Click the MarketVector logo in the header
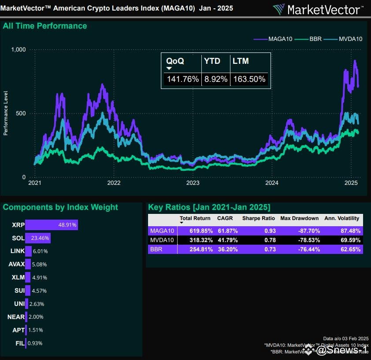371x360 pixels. tap(319, 9)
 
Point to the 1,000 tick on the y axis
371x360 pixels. tap(19, 50)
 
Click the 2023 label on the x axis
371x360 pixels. tap(193, 183)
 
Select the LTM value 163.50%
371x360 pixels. tap(249, 79)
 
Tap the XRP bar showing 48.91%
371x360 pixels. tap(52, 225)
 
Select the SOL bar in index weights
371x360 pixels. tap(38, 238)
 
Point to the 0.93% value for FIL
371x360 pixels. tap(35, 343)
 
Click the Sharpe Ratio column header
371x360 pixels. tap(259, 218)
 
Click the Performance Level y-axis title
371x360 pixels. tap(6, 113)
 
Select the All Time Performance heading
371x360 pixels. tap(45, 26)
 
